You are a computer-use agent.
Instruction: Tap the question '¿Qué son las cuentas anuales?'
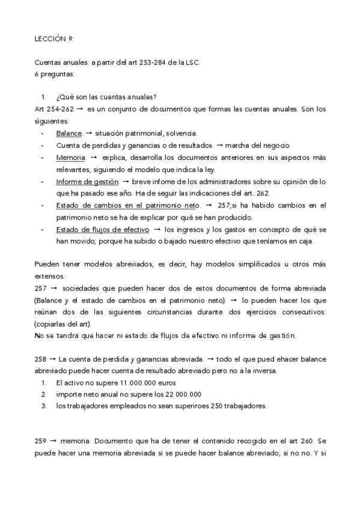107,97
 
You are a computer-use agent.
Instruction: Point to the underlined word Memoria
70,157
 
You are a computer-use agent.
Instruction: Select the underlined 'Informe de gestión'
87,180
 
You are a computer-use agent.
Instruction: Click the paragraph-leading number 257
40,288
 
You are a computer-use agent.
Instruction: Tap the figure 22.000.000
180,394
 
